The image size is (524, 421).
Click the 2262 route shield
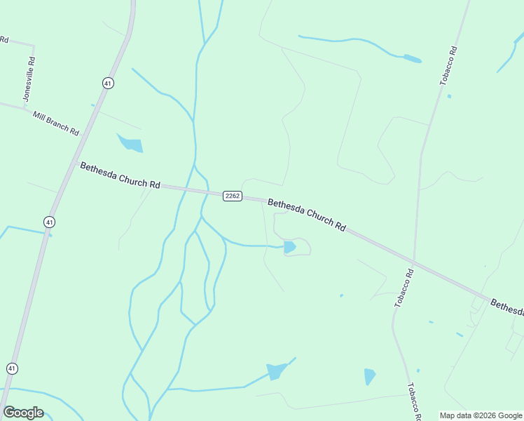[x=233, y=196]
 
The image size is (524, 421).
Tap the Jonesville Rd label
[x=29, y=79]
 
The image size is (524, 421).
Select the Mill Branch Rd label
[x=55, y=121]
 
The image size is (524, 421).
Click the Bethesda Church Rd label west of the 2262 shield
[x=120, y=175]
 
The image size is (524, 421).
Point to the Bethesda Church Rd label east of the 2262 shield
[x=307, y=215]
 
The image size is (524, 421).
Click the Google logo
[x=23, y=413]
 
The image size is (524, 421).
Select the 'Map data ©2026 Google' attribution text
[x=481, y=415]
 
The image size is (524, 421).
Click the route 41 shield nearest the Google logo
[x=12, y=368]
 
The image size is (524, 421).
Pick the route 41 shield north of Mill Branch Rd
[x=107, y=83]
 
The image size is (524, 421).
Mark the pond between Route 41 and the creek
[x=131, y=144]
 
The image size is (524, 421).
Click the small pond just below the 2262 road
[x=289, y=247]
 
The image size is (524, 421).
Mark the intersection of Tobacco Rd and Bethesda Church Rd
[x=414, y=263]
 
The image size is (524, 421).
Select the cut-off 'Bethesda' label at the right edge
[x=506, y=307]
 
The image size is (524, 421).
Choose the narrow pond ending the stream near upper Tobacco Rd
[x=412, y=59]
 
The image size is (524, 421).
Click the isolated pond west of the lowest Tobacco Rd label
[x=369, y=376]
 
